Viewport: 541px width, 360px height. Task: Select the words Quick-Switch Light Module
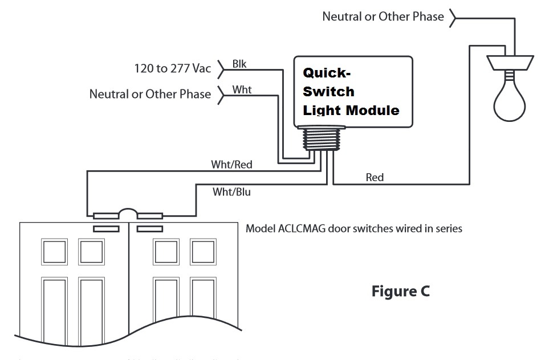[x=350, y=91]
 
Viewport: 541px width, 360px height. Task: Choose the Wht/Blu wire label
[x=231, y=192]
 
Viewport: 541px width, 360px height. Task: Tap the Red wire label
[x=375, y=178]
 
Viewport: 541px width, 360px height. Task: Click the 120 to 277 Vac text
[x=169, y=69]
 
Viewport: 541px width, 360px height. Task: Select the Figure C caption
[x=400, y=292]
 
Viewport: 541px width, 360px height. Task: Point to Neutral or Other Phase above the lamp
[x=383, y=17]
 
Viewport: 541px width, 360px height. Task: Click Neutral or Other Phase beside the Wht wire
[x=150, y=93]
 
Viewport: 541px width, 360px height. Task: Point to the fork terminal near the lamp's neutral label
[x=453, y=17]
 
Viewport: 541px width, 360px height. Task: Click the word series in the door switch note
[x=447, y=229]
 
